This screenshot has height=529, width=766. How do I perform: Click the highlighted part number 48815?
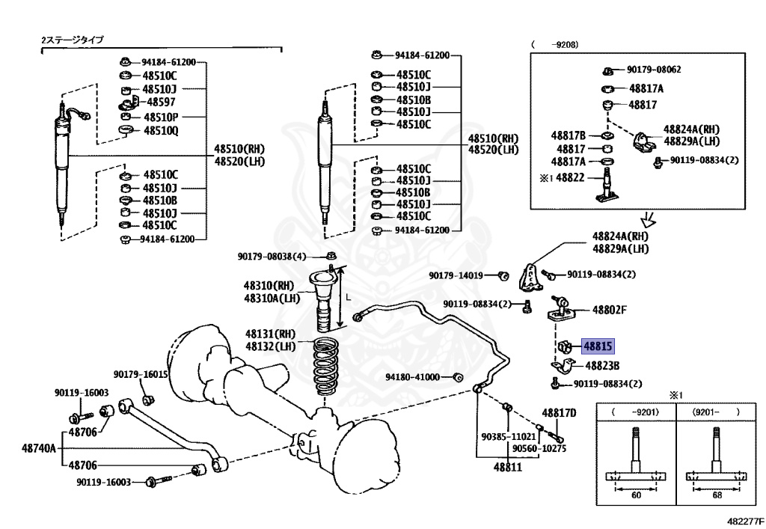coord(598,346)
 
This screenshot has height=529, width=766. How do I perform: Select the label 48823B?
coord(602,365)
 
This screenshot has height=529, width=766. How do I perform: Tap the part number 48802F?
coord(609,310)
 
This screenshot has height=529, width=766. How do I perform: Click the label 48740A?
coord(39,448)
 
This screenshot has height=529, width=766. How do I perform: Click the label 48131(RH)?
coord(270,334)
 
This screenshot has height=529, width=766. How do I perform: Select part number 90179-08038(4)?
coord(272,257)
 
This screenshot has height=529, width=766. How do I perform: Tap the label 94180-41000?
coord(412,377)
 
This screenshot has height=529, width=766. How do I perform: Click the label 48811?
coord(508,467)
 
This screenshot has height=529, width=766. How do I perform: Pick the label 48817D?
coord(559,413)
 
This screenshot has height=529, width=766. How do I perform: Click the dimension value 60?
coord(636,495)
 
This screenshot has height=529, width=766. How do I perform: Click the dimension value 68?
coord(717,495)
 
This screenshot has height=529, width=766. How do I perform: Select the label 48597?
coord(161,102)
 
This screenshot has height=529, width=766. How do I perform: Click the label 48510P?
coord(161,117)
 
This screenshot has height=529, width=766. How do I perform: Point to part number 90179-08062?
coord(654,70)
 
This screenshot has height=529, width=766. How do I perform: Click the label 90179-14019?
coord(456,275)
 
